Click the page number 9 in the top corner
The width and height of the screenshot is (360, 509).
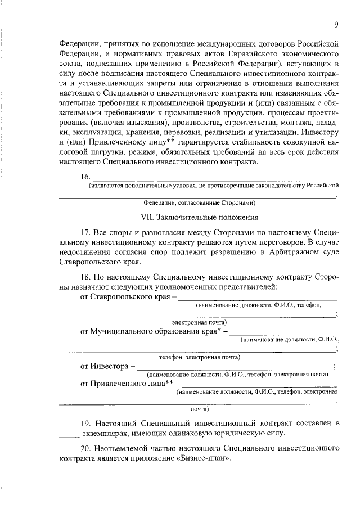tap(336, 24)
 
